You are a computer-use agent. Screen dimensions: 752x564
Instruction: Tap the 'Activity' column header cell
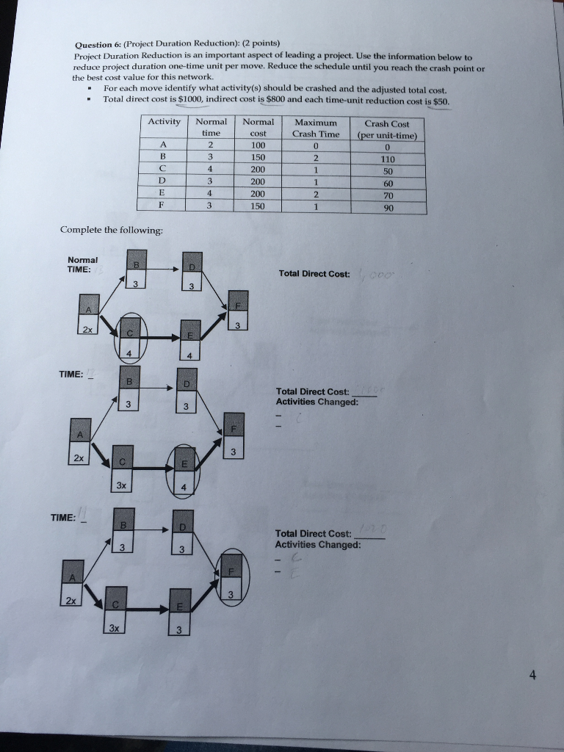[x=164, y=122]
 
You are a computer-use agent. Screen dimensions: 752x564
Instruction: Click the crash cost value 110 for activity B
[x=387, y=158]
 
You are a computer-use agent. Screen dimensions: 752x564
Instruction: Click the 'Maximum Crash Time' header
[x=316, y=128]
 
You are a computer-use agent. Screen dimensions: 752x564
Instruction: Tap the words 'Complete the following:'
[x=111, y=230]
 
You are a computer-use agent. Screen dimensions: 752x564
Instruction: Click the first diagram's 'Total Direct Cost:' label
[x=314, y=274]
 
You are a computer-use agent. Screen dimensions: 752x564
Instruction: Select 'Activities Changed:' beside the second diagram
[x=317, y=402]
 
